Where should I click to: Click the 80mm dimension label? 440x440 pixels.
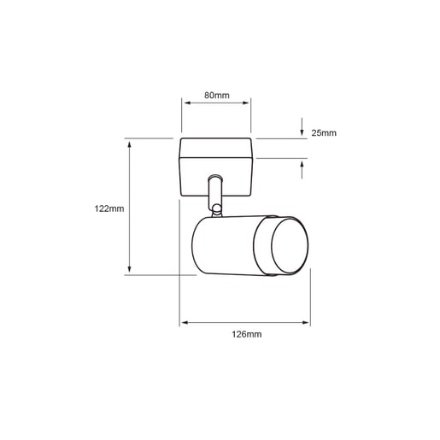click(216, 95)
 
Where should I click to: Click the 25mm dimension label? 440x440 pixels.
click(324, 133)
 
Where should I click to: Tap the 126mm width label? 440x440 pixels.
click(246, 334)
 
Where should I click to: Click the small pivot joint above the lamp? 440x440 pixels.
click(217, 208)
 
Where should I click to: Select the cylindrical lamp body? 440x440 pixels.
click(231, 247)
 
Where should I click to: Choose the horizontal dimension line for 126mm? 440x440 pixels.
click(245, 323)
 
